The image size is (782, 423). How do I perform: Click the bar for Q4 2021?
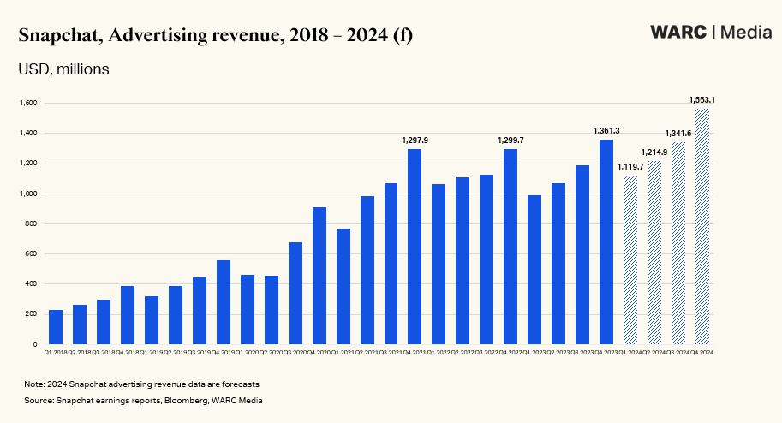point(415,247)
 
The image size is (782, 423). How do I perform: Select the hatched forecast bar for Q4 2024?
point(702,227)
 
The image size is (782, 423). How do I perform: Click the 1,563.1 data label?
point(702,100)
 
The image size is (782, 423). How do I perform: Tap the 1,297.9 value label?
point(415,140)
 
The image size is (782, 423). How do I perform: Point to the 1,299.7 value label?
point(510,140)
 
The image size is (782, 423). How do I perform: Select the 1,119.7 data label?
point(630,166)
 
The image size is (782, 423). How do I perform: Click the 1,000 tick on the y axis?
point(30,194)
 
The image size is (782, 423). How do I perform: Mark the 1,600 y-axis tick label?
point(30,104)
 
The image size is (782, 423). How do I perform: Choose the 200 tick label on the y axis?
point(33,314)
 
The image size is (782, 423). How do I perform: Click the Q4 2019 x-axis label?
point(223,352)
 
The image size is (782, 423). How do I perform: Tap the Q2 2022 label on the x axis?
point(463,352)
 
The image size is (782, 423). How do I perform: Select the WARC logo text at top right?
point(678,33)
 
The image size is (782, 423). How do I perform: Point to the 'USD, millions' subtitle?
point(64,69)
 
